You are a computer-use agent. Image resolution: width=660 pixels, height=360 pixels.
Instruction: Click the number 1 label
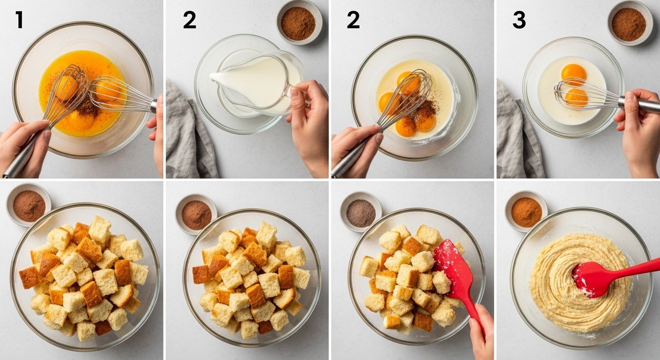(19, 20)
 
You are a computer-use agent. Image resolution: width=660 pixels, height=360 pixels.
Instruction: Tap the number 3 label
(519, 20)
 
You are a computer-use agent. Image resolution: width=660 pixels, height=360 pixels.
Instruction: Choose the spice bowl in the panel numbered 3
(629, 23)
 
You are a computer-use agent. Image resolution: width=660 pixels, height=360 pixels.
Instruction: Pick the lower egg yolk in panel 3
(576, 97)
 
